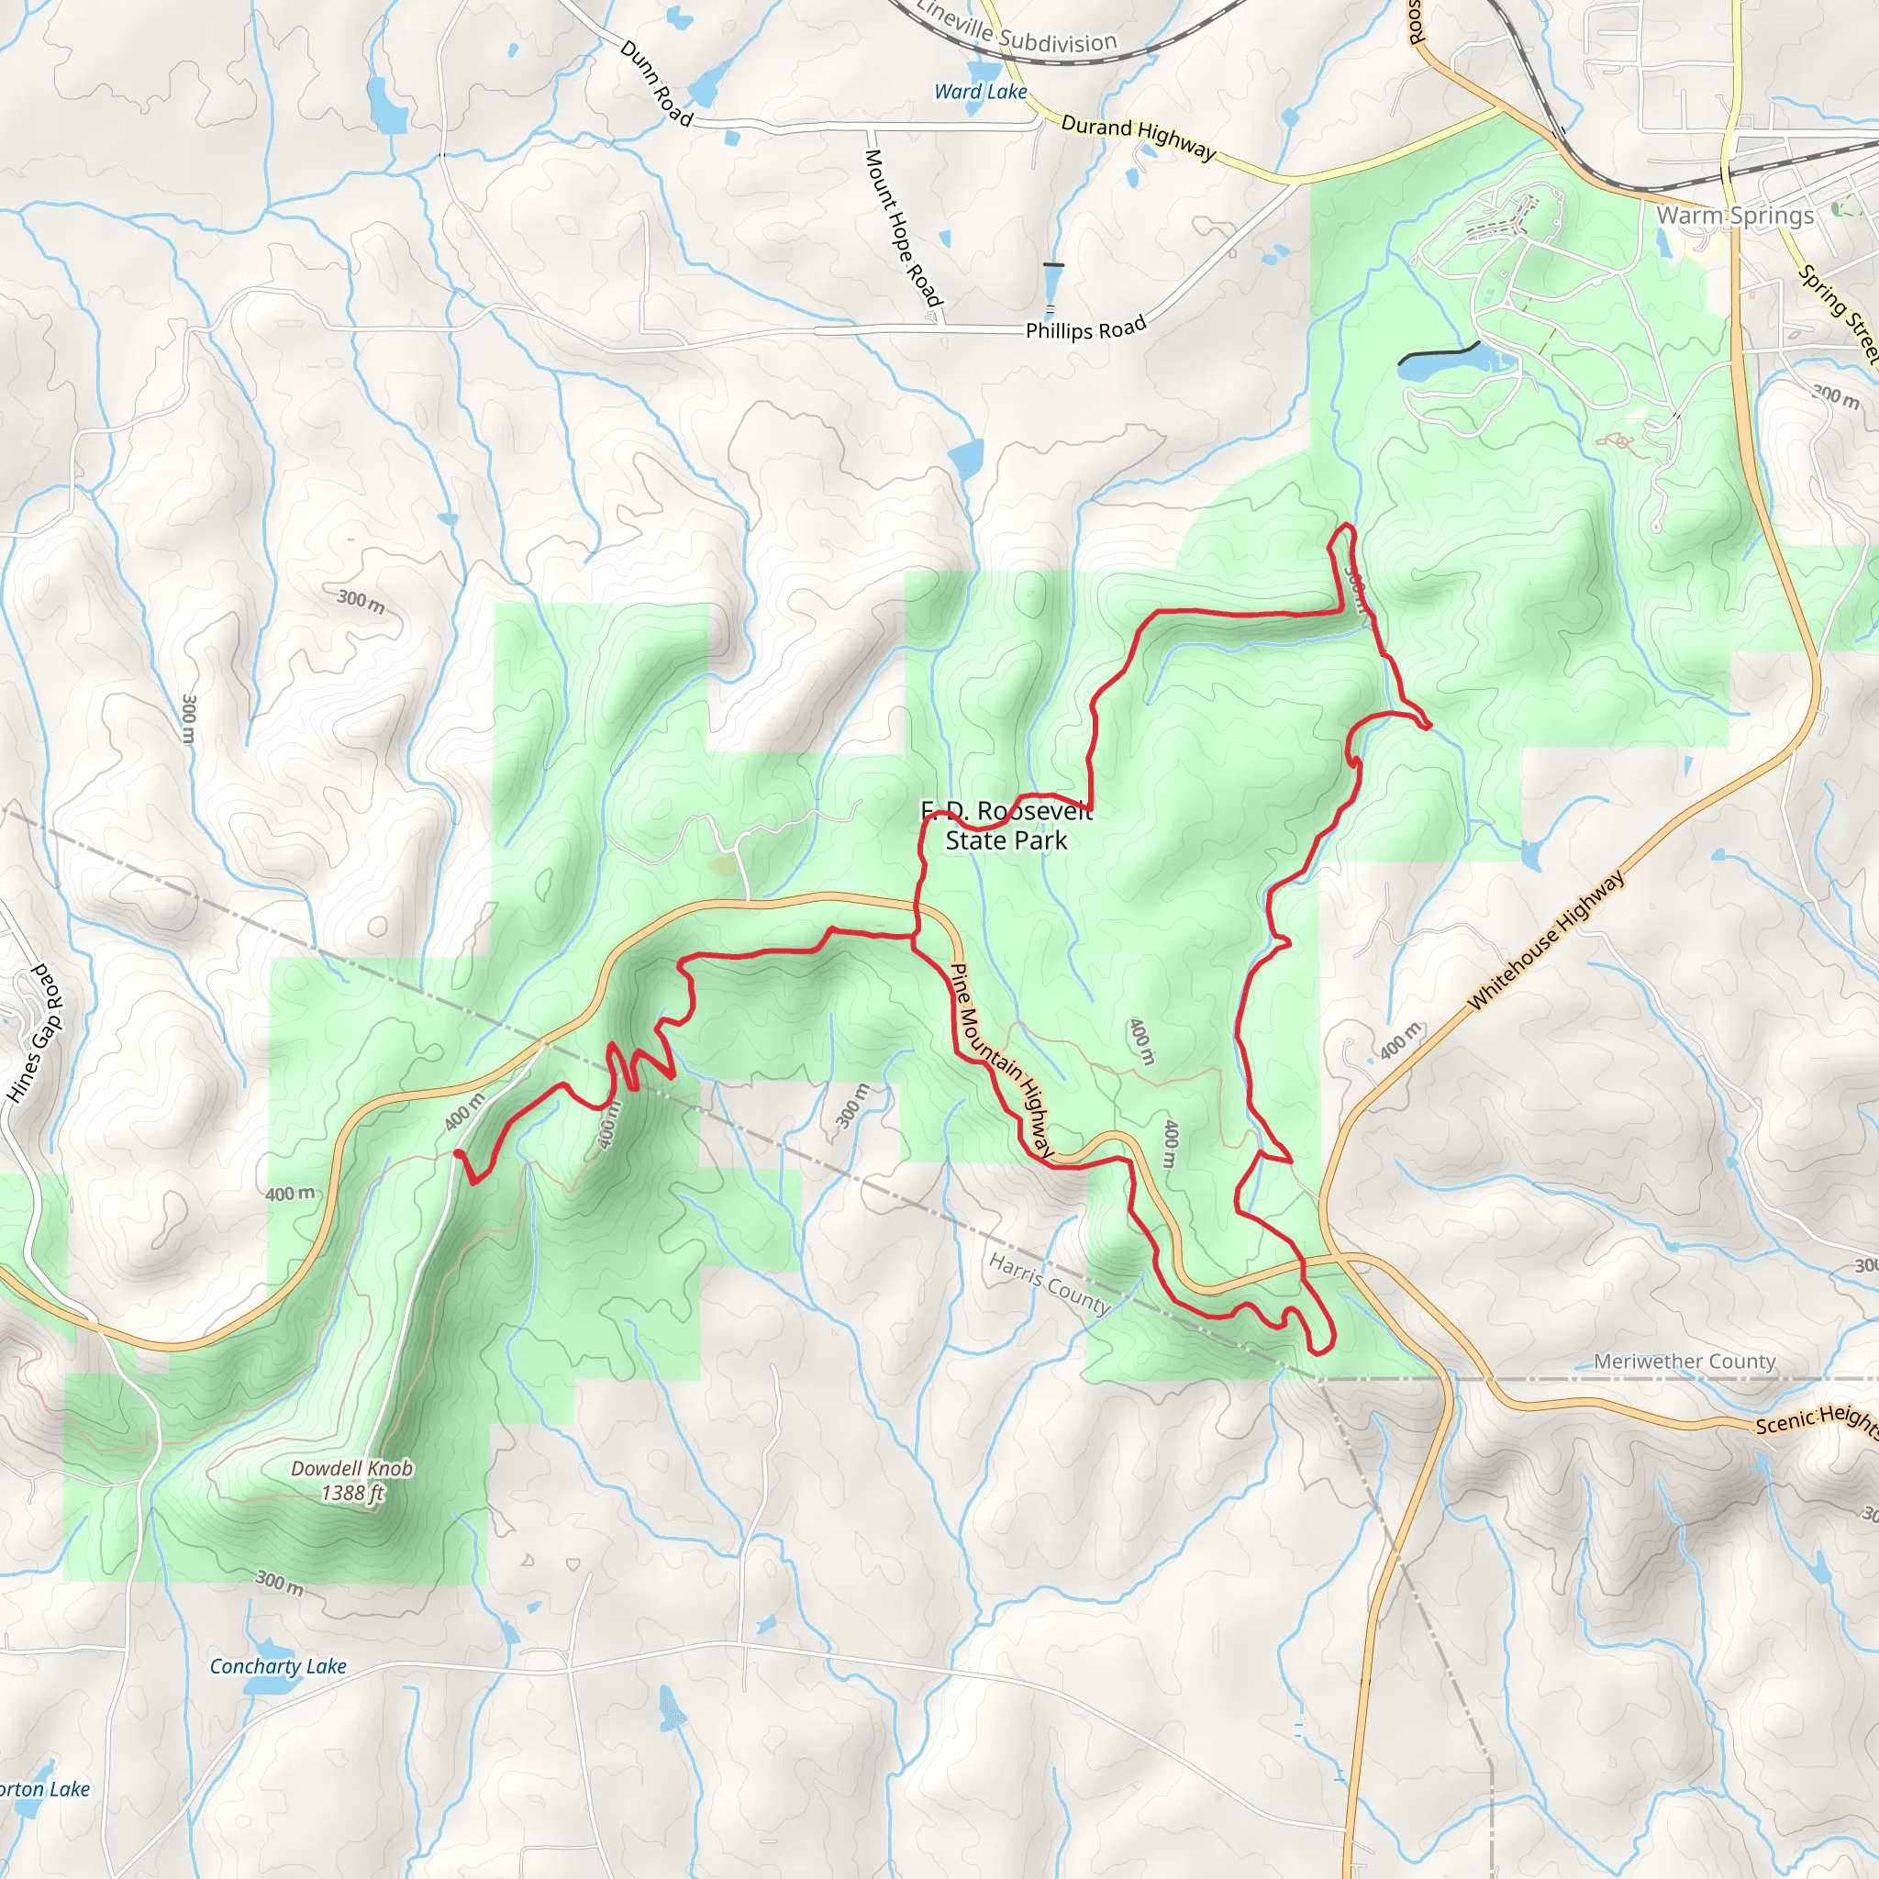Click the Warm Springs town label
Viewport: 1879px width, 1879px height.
pos(1734,215)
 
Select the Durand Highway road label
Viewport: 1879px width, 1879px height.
pos(1138,136)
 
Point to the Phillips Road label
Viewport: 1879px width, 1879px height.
pos(1085,328)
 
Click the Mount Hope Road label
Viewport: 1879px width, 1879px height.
pos(904,227)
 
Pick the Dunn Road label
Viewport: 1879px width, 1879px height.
pos(657,83)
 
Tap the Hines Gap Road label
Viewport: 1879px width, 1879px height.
pos(36,1033)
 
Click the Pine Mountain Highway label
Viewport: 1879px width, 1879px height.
pos(1002,1060)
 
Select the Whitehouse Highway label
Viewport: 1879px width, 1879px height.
pos(1544,940)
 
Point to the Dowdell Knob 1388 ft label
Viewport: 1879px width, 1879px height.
pos(352,1480)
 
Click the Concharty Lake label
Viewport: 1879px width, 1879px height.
pos(278,1666)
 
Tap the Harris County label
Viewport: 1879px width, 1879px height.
pos(1049,1283)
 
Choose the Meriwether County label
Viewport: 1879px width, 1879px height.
pos(1684,1362)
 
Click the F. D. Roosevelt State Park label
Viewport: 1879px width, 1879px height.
pos(1006,826)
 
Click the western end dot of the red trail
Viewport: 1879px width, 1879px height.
pos(457,1153)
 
